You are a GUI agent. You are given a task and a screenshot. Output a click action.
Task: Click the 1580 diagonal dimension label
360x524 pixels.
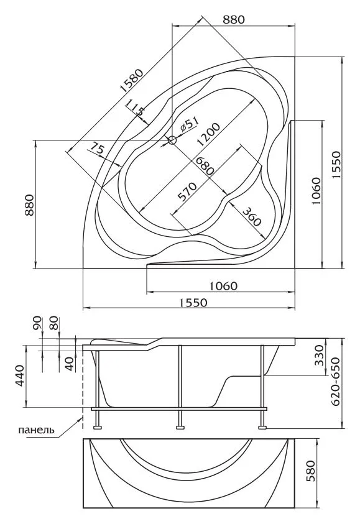[x=132, y=81]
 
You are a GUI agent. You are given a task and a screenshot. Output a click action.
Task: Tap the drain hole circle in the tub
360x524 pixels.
[x=172, y=140]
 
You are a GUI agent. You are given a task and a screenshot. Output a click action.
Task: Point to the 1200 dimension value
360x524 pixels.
[x=208, y=135]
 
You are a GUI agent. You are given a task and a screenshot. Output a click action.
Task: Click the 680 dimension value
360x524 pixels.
[x=204, y=165]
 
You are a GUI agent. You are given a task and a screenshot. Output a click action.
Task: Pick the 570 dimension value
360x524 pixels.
[x=187, y=191]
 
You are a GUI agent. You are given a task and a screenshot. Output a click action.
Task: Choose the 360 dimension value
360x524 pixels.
[x=251, y=216]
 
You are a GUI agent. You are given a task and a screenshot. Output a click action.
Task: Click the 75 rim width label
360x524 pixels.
[x=96, y=148]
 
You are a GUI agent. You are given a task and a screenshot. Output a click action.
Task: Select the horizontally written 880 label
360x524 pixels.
[x=234, y=19]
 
